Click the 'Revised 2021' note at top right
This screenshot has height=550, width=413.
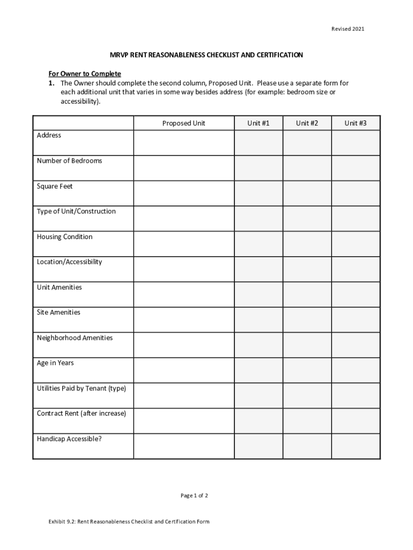[347, 29]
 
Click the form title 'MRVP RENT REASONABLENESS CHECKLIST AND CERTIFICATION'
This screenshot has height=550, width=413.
[206, 55]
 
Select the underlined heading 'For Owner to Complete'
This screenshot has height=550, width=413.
[85, 74]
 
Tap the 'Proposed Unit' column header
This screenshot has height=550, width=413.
[184, 124]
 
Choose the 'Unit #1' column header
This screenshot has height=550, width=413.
[258, 124]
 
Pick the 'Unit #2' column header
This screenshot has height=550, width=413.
[307, 124]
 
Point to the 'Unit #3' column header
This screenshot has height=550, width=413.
[356, 124]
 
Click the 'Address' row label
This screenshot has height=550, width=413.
[49, 135]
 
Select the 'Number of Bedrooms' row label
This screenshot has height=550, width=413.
[69, 161]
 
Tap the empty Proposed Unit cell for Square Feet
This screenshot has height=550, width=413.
[184, 193]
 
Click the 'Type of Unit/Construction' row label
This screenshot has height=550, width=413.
[76, 211]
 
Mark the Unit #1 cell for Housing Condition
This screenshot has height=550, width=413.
[258, 244]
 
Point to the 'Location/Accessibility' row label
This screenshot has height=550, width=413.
[69, 262]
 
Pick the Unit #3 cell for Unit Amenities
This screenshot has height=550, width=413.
[356, 294]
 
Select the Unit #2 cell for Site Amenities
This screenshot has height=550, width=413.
[307, 320]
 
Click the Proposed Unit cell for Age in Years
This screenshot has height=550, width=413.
[184, 370]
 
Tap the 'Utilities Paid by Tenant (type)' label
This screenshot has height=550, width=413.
[81, 388]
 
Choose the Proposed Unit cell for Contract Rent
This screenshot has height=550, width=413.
[184, 421]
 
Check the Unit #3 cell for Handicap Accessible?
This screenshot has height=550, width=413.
[356, 446]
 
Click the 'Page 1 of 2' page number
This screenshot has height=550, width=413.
[194, 496]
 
